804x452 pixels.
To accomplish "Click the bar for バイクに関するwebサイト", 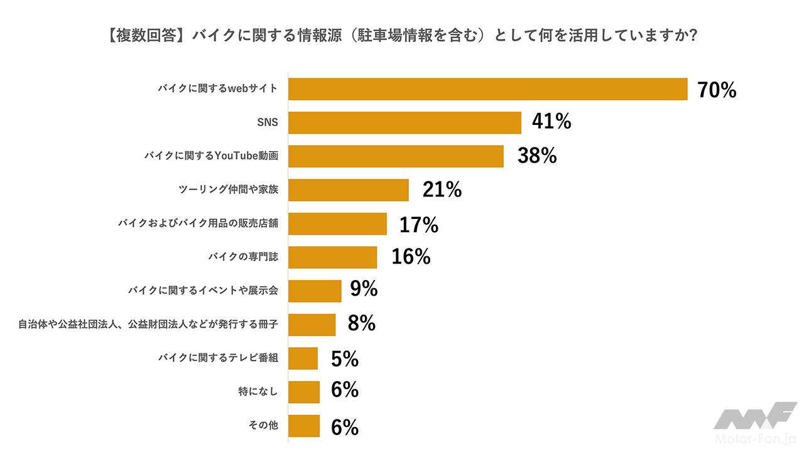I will click(x=487, y=89).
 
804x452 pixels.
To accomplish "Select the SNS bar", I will click(x=405, y=122).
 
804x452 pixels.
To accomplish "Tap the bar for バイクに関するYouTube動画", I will click(x=396, y=156).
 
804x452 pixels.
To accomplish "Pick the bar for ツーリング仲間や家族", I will click(x=348, y=190).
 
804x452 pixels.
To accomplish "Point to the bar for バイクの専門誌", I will click(x=332, y=257).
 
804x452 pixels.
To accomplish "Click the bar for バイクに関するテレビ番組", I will click(x=303, y=358).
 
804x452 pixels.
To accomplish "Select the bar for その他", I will click(x=304, y=426).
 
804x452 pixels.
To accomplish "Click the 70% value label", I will click(x=717, y=90).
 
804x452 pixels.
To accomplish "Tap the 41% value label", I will click(x=551, y=122).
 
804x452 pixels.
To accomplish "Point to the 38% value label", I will click(x=537, y=156).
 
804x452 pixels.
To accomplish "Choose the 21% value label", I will click(x=442, y=190).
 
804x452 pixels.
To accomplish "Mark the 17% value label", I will click(x=418, y=224).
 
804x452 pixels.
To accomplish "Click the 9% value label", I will click(x=364, y=289).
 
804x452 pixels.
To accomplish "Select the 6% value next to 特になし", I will click(x=344, y=390).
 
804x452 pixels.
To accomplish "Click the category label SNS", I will click(x=268, y=122).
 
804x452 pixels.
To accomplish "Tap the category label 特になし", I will click(x=258, y=392).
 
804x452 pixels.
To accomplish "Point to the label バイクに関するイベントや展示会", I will click(x=203, y=291).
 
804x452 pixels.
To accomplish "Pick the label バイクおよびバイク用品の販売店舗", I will click(x=197, y=223).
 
